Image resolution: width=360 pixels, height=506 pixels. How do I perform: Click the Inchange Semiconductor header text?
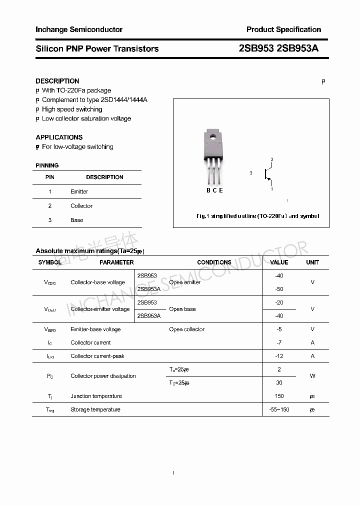tap(79, 29)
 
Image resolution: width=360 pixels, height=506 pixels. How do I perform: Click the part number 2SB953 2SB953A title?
tap(278, 48)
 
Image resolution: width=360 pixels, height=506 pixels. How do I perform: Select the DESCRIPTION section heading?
tap(57, 81)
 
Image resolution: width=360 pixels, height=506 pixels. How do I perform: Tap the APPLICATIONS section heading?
tap(59, 137)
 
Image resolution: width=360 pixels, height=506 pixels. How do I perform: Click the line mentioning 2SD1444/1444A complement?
tap(94, 100)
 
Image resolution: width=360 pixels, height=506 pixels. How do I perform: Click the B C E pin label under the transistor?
tap(214, 190)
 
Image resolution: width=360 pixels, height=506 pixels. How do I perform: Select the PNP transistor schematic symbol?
tap(268, 174)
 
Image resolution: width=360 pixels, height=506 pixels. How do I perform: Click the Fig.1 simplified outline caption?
tap(257, 216)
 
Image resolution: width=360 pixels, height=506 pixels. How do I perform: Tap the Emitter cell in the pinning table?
tap(79, 191)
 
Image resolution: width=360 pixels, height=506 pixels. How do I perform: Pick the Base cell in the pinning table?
tap(77, 220)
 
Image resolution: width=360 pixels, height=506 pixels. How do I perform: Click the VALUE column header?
tap(279, 262)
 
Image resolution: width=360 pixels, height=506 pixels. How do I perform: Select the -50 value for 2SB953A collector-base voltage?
tap(279, 289)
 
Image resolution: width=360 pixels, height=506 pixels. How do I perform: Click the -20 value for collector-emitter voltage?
tap(279, 302)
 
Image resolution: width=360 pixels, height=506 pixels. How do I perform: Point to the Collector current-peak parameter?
tap(97, 356)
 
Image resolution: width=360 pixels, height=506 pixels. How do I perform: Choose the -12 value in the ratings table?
tap(279, 356)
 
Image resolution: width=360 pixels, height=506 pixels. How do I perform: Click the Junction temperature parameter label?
tap(96, 396)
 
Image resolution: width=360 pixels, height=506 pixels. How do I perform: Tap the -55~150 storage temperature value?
tap(279, 409)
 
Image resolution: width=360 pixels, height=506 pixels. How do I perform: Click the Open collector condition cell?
tap(186, 329)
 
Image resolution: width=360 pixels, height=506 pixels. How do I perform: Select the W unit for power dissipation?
tap(312, 376)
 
